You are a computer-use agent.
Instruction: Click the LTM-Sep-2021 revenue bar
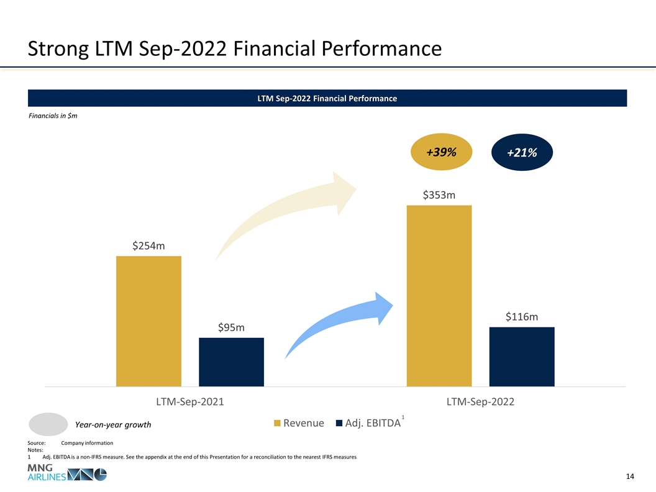point(148,321)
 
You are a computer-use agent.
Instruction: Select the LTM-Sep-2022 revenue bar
point(439,295)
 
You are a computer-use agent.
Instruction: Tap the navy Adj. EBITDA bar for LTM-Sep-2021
point(231,362)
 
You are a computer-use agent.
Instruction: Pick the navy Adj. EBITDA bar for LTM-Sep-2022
point(522,356)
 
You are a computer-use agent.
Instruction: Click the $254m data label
point(148,246)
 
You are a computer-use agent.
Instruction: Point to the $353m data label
point(439,195)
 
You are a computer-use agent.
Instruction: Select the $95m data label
point(231,327)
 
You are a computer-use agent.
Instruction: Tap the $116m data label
point(521,317)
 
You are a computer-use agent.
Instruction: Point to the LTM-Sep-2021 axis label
point(189,402)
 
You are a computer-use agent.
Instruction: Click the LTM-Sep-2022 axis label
point(480,402)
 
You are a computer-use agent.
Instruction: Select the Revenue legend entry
point(299,424)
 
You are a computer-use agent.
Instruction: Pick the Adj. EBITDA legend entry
point(368,424)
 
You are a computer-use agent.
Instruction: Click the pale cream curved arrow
point(286,214)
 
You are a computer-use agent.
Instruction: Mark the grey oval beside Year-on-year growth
point(48,424)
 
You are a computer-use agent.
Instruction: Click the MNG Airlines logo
point(66,474)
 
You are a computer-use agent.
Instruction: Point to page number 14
point(630,476)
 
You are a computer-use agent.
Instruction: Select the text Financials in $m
point(53,117)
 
